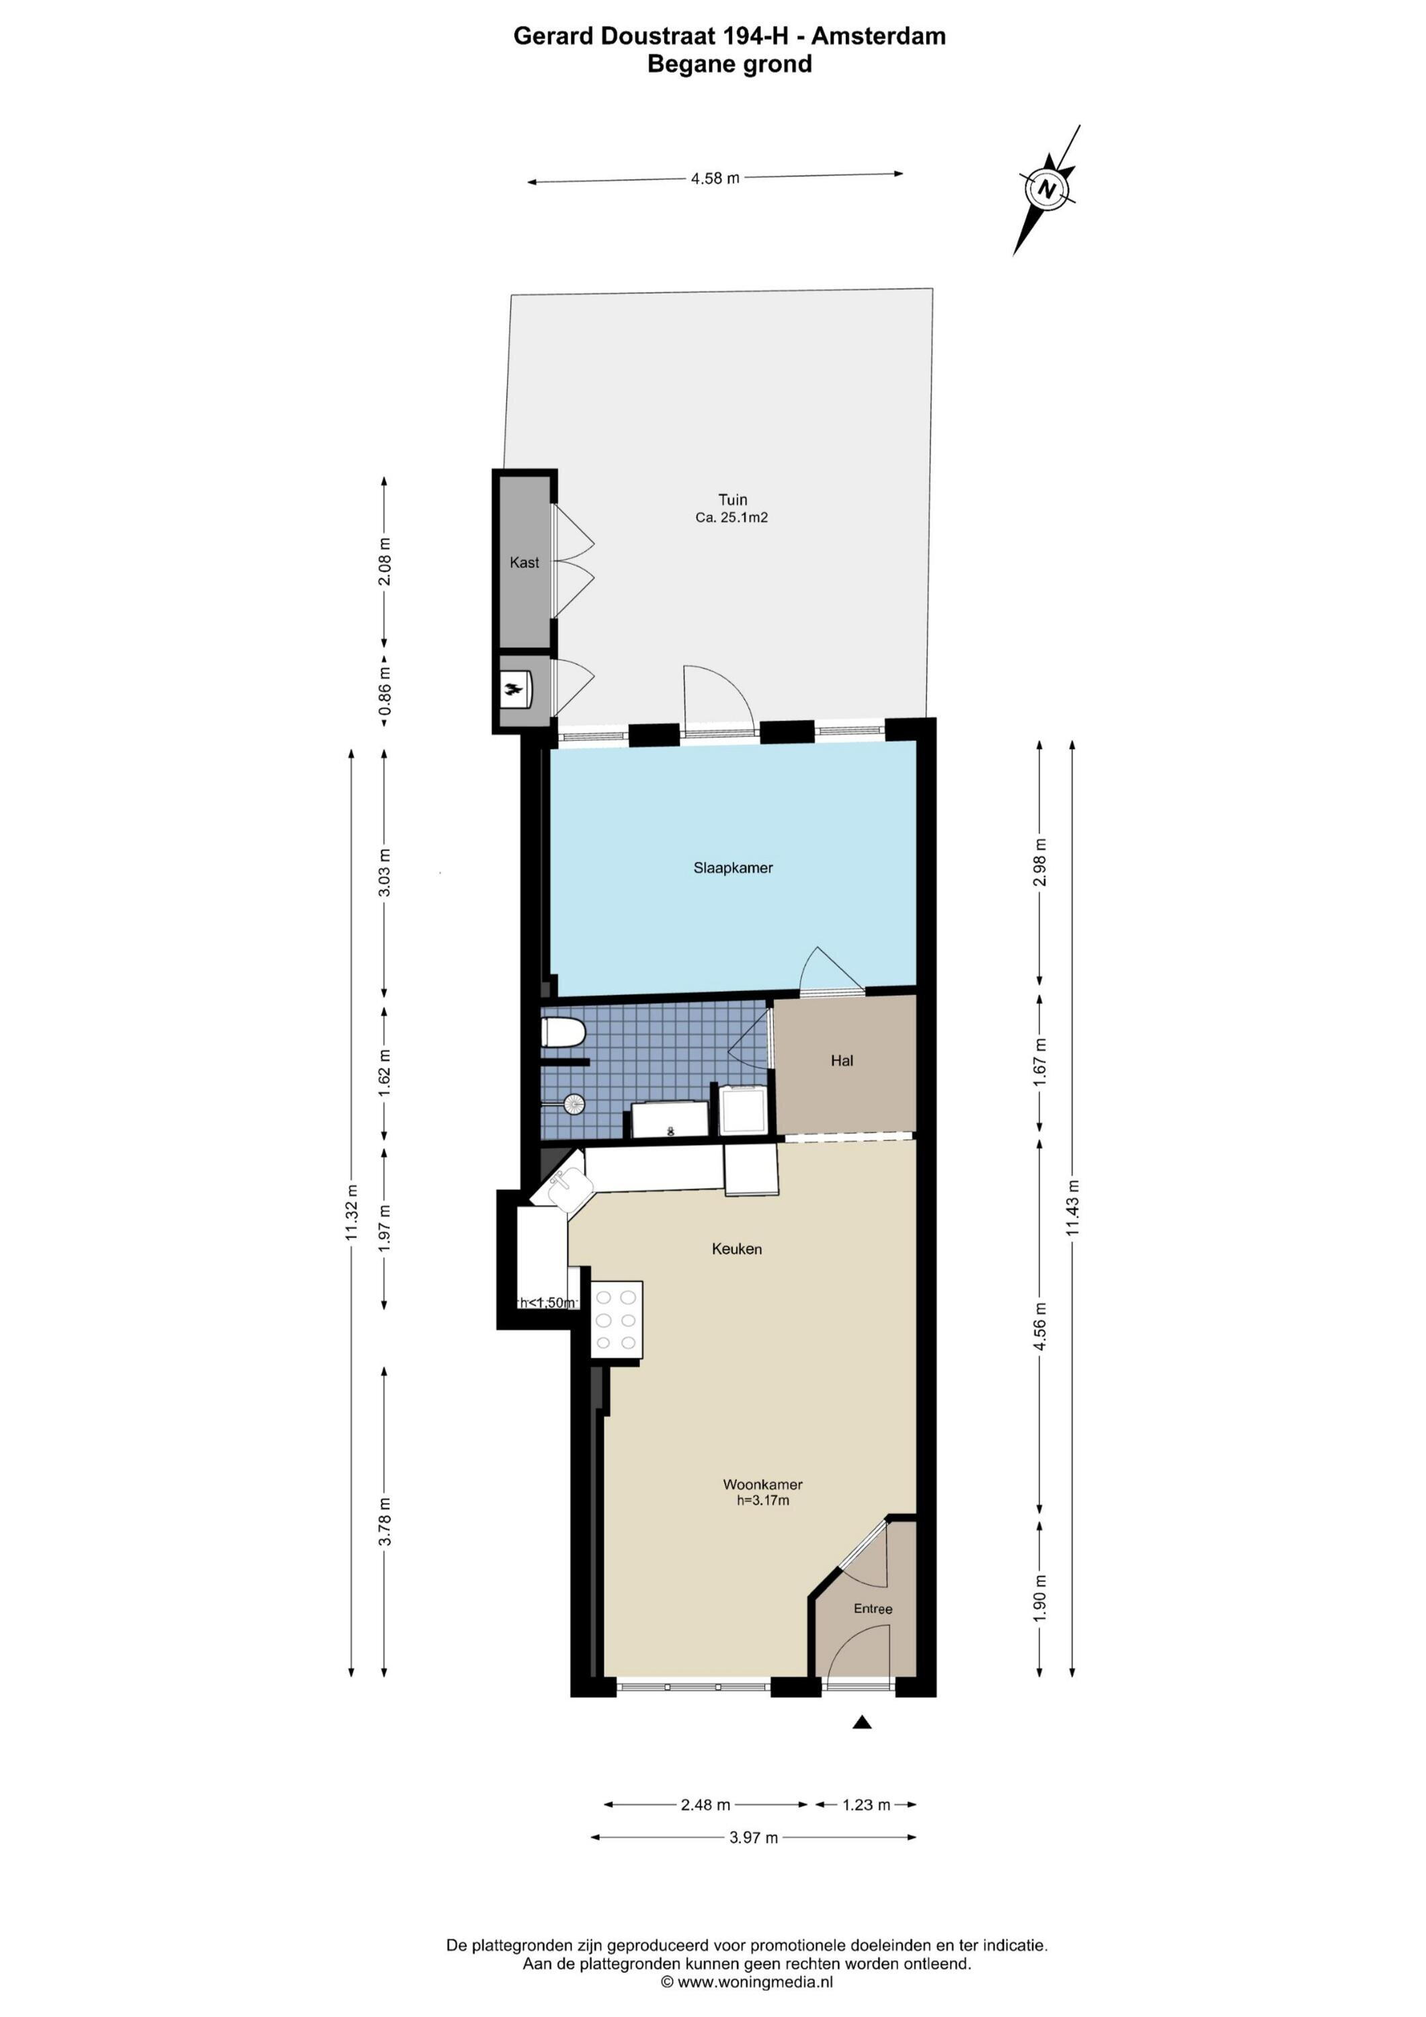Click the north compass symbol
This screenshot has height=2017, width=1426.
click(x=1046, y=189)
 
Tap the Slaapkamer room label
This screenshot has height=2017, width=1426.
click(x=733, y=868)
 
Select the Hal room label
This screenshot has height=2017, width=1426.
click(x=842, y=1060)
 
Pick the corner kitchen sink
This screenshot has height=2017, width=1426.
click(x=565, y=1186)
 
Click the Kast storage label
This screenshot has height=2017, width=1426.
click(x=524, y=562)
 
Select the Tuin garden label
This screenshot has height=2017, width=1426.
click(x=732, y=500)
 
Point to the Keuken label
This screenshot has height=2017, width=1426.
click(x=736, y=1249)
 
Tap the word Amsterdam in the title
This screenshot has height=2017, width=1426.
click(x=878, y=36)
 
